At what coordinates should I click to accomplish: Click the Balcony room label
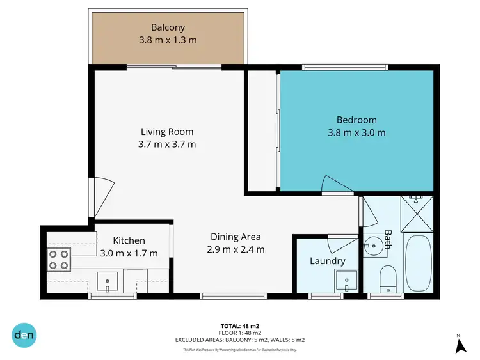coord(168,27)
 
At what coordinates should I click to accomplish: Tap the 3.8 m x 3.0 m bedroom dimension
coord(356,133)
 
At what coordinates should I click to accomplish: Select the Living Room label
coord(167,132)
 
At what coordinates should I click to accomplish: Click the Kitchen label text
coord(130,240)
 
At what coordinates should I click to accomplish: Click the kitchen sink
coord(108,280)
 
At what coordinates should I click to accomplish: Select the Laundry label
coord(327,261)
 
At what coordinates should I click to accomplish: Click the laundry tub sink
coord(346,279)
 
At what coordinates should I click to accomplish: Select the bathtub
coord(419,263)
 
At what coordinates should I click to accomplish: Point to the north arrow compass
coord(460,344)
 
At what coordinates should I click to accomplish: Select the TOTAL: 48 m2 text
coord(240,326)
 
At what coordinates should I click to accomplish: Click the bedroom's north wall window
coord(346,67)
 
